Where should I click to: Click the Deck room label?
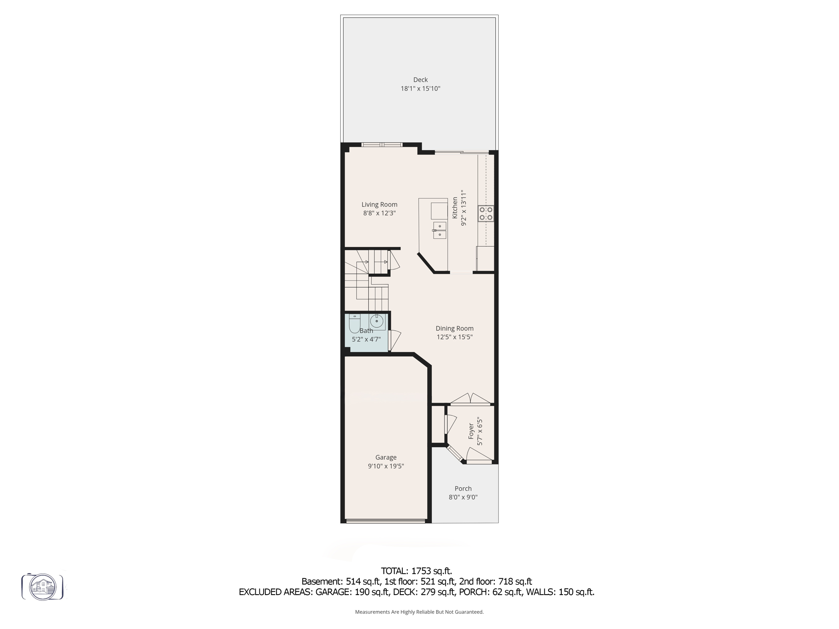coord(420,80)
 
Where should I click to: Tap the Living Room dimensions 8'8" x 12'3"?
coord(379,213)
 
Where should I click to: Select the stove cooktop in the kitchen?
coord(486,213)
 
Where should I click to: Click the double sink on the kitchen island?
coord(440,230)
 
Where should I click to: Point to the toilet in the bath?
coord(354,324)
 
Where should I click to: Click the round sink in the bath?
coord(376,321)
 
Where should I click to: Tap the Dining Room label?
coord(454,328)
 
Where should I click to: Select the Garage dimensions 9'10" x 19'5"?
coord(386,466)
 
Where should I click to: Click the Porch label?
coord(463,489)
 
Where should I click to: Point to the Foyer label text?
coord(471,432)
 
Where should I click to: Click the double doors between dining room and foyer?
coord(471,399)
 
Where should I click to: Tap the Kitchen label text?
coord(455,208)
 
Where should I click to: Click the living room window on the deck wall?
coord(382,145)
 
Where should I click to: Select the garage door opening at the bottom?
coord(385,521)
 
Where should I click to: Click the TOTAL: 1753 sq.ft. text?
coord(416,571)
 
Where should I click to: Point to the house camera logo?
coord(43,587)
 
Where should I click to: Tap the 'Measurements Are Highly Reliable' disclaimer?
coord(419,612)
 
